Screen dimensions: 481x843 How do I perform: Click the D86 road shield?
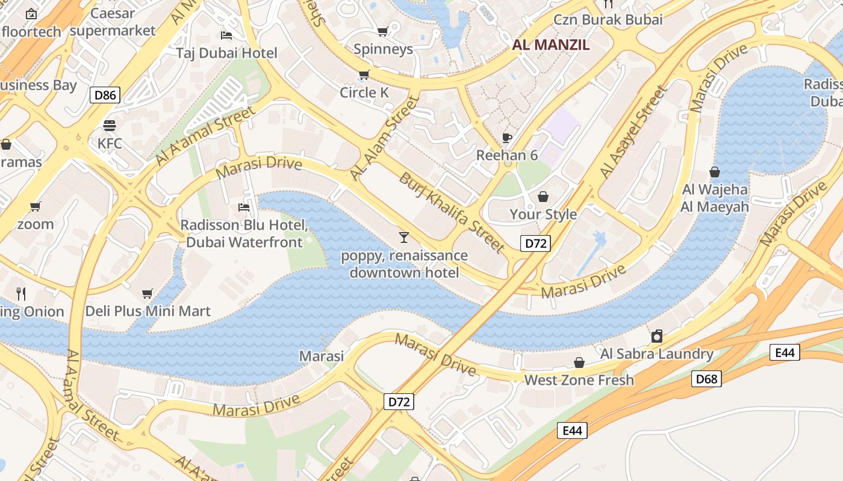pyautogui.click(x=105, y=94)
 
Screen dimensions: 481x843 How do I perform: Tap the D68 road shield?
pyautogui.click(x=706, y=379)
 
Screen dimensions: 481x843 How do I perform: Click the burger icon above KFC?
pyautogui.click(x=109, y=126)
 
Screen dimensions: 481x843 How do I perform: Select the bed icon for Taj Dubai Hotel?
pyautogui.click(x=226, y=35)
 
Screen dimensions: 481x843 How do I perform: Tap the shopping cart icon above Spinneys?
pyautogui.click(x=382, y=31)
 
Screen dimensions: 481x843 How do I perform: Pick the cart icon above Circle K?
pyautogui.click(x=364, y=75)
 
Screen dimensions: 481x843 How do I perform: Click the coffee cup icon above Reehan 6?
pyautogui.click(x=507, y=138)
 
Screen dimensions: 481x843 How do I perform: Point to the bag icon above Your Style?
pyautogui.click(x=543, y=197)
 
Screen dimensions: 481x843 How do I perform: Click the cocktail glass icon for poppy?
pyautogui.click(x=404, y=237)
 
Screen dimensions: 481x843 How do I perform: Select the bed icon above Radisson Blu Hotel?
pyautogui.click(x=244, y=207)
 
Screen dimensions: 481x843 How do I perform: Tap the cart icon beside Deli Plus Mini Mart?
pyautogui.click(x=148, y=294)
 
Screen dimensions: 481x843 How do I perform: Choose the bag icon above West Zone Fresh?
pyautogui.click(x=579, y=363)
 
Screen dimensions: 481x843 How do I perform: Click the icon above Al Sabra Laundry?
pyautogui.click(x=657, y=336)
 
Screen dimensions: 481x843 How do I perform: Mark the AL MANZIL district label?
pyautogui.click(x=551, y=45)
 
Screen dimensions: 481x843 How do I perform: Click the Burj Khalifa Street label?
pyautogui.click(x=452, y=212)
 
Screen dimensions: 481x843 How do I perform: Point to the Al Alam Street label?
pyautogui.click(x=384, y=138)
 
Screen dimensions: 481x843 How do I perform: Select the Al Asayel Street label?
pyautogui.click(x=633, y=132)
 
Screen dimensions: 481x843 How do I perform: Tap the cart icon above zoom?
pyautogui.click(x=36, y=207)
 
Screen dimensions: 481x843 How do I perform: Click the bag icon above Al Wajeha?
pyautogui.click(x=715, y=173)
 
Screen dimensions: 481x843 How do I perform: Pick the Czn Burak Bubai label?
pyautogui.click(x=608, y=19)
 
